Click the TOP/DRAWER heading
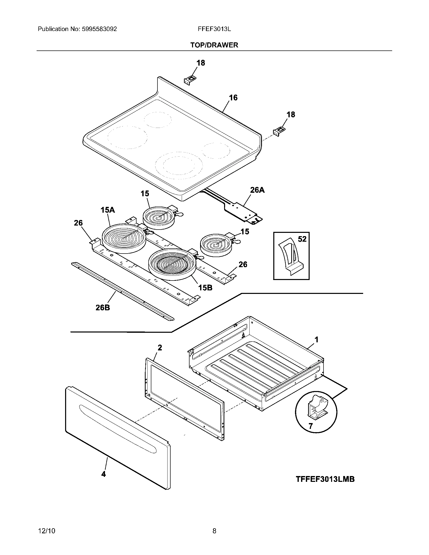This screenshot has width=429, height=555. coord(214,45)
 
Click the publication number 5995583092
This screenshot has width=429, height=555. coord(99,29)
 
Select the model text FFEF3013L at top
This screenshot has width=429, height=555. coord(214,29)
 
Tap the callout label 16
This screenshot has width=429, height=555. coord(233,98)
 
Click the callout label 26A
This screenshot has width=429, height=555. coord(257,190)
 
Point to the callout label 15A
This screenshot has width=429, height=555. coord(108,210)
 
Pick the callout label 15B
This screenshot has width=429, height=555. coord(205,288)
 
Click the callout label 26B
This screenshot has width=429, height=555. coord(103,308)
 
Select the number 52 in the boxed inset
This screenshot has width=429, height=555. coord(302,239)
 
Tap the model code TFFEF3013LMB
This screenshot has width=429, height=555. coord(325,479)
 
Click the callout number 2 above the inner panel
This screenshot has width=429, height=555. coord(159,348)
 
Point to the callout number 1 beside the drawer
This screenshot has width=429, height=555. coord(316,340)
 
